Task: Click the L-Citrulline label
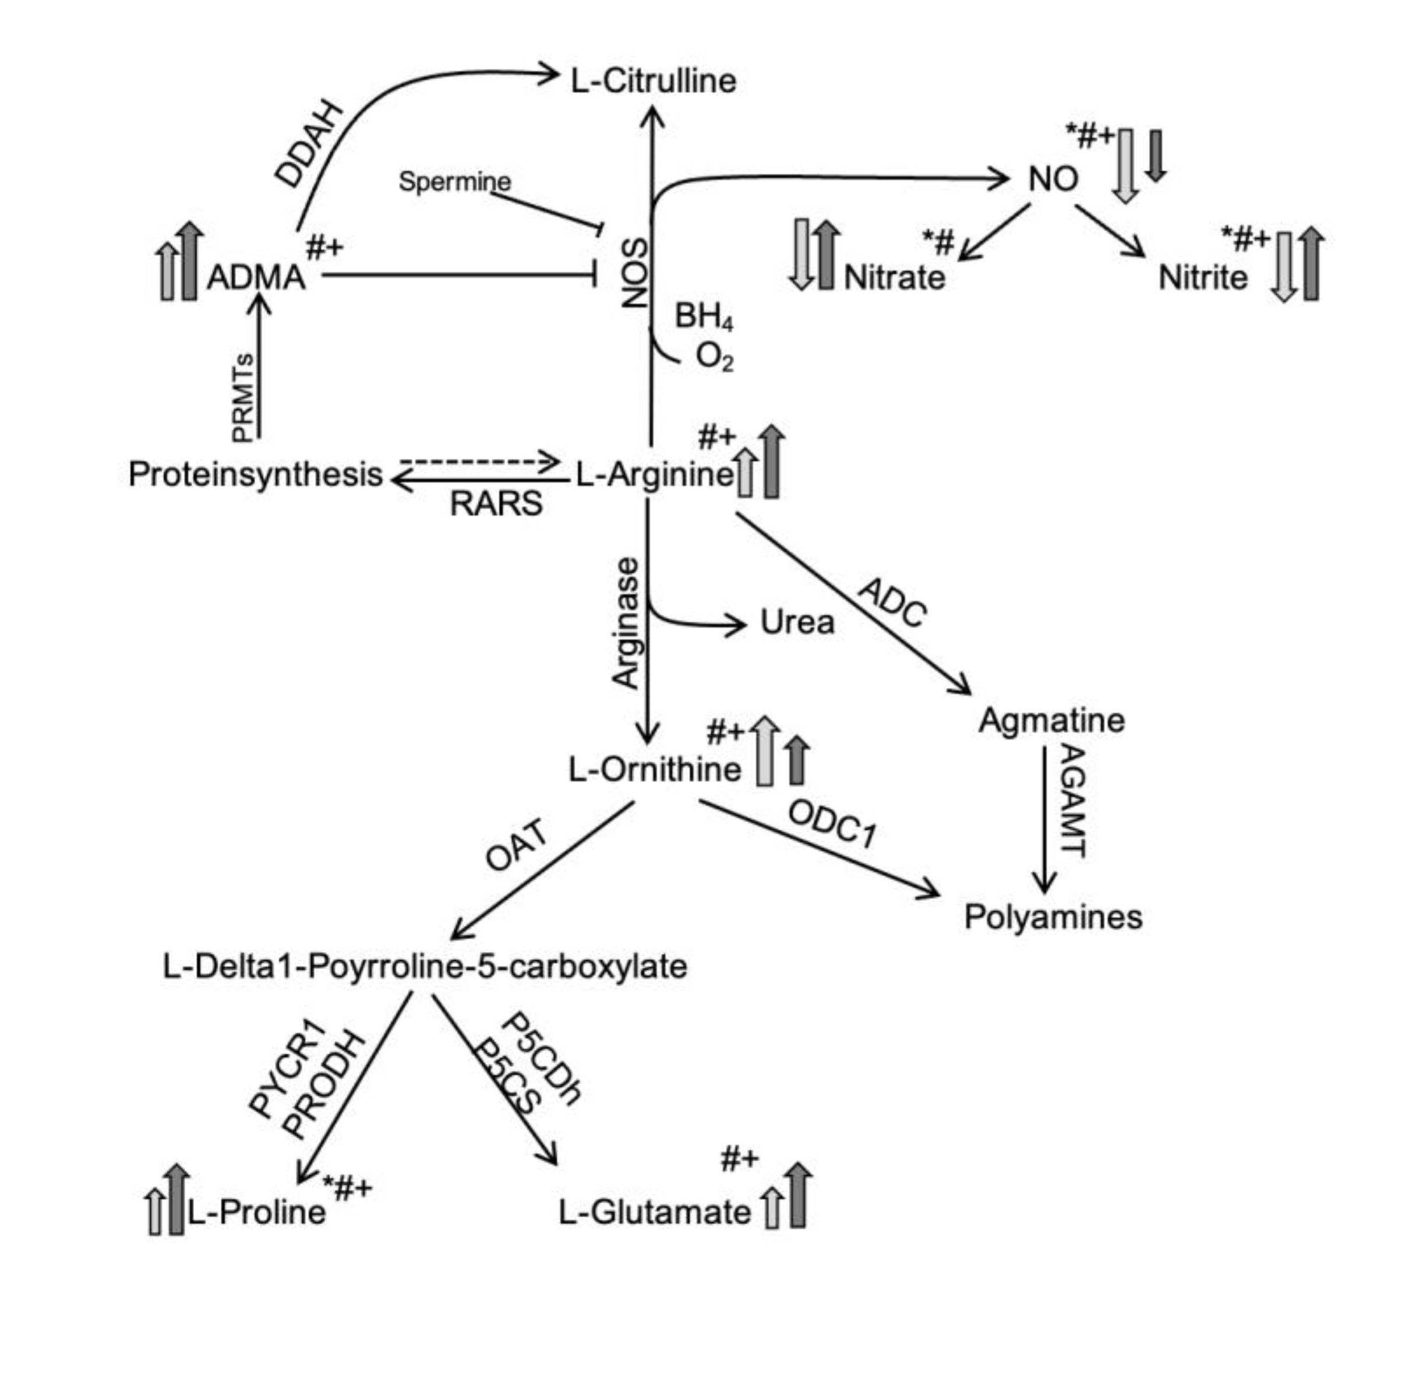click(x=653, y=80)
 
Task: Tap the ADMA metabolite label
click(x=256, y=277)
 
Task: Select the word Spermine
click(x=454, y=181)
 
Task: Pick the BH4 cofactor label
click(x=704, y=317)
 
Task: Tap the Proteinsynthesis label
click(x=255, y=474)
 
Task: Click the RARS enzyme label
click(x=496, y=503)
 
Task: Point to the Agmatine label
click(x=1051, y=720)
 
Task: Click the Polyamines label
click(x=1053, y=917)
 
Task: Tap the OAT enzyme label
click(x=516, y=845)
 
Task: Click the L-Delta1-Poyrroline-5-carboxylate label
click(x=425, y=967)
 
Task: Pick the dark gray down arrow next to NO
click(x=1156, y=155)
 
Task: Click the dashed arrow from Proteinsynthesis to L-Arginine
click(x=480, y=461)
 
